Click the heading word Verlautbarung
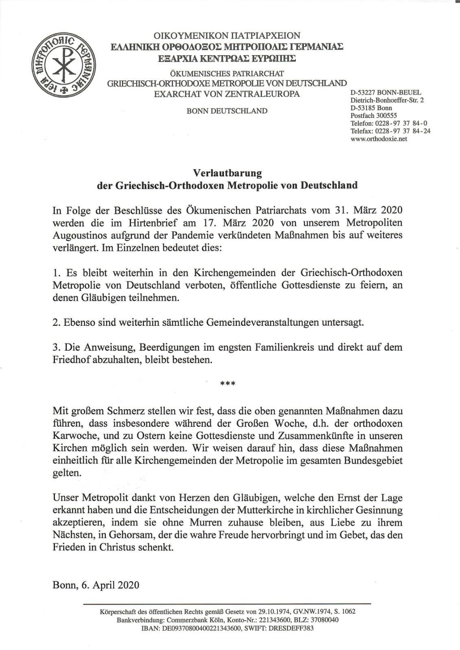227,173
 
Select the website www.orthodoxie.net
379,139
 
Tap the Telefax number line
390,131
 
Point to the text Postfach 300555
373,115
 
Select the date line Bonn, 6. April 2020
96,585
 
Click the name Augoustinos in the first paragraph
77,236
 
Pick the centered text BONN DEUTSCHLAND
227,111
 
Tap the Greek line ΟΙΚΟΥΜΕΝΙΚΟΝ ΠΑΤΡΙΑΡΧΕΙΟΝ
227,36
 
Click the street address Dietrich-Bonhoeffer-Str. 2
387,100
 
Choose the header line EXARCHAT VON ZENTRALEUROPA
227,94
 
